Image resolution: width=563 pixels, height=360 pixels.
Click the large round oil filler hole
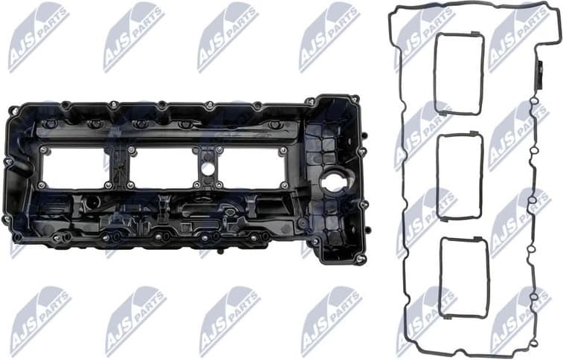(x=332, y=180)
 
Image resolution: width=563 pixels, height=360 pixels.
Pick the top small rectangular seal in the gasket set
(x=459, y=74)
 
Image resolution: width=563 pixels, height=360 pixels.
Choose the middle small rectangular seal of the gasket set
(x=460, y=176)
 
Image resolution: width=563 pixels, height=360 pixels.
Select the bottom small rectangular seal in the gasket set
(x=463, y=277)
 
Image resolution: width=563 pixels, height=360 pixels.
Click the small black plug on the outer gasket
(x=541, y=74)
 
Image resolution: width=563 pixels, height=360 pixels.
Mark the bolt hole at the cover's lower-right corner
(x=360, y=258)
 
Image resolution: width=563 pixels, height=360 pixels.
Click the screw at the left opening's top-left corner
(x=42, y=150)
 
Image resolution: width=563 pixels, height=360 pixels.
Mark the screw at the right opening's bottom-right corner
(x=283, y=184)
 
